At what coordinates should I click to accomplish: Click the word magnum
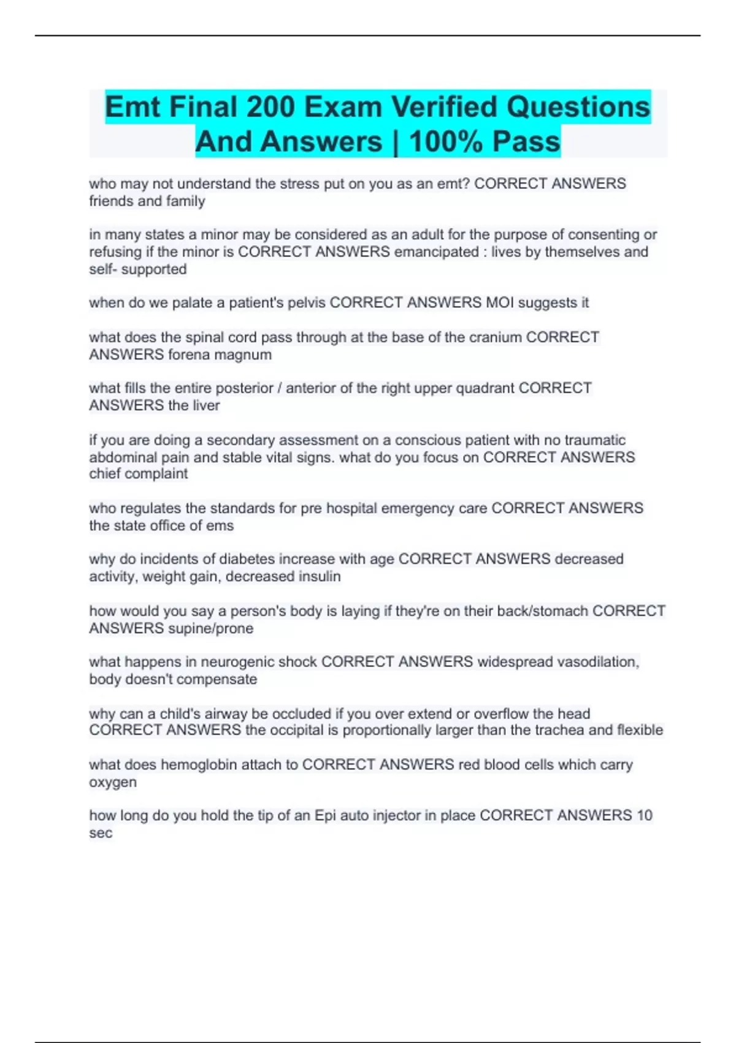[x=245, y=355]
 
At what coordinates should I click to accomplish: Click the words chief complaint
[x=139, y=474]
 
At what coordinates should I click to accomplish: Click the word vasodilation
[x=597, y=662]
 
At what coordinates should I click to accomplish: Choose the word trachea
[x=559, y=730]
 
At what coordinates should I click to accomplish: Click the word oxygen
[x=113, y=783]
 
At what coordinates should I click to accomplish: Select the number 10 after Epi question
[x=644, y=815]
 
